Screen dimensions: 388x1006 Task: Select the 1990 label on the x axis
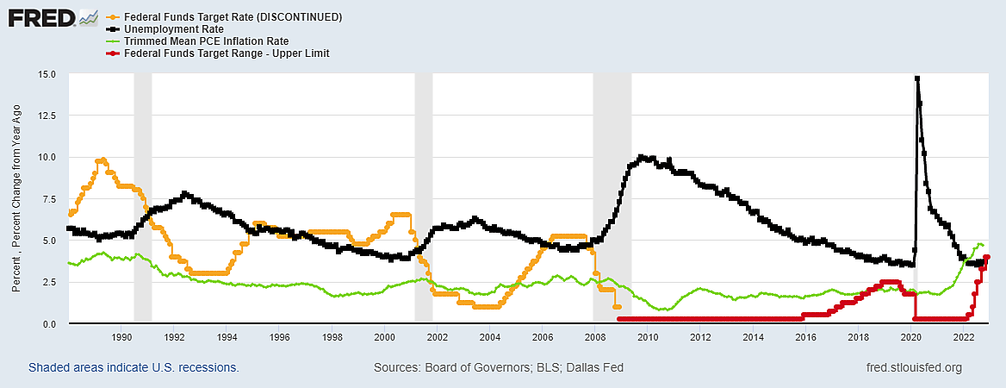pos(121,337)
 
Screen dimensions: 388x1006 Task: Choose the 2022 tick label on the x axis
pos(963,337)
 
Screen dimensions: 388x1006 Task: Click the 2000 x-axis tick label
pos(384,337)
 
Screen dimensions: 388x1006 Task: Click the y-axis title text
pos(18,198)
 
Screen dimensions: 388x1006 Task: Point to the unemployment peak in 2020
pos(917,78)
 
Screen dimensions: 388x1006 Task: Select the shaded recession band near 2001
pos(423,198)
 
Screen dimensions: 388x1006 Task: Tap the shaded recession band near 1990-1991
pos(143,198)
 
